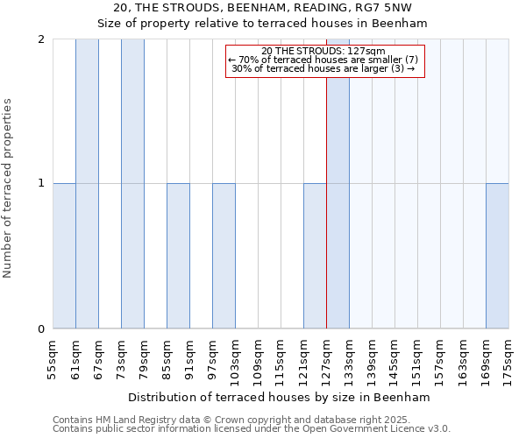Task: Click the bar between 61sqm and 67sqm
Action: click(87, 184)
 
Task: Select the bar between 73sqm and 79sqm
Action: click(132, 184)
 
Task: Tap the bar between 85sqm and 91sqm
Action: click(178, 256)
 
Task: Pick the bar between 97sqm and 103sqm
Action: click(224, 256)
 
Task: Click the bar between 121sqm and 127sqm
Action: click(315, 256)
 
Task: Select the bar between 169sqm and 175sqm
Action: click(497, 256)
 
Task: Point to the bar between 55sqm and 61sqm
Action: click(64, 256)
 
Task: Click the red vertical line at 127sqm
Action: click(326, 201)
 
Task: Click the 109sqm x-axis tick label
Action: click(258, 360)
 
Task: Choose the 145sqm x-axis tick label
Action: click(394, 360)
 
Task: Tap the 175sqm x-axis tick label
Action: click(508, 360)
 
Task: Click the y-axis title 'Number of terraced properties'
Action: click(10, 188)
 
